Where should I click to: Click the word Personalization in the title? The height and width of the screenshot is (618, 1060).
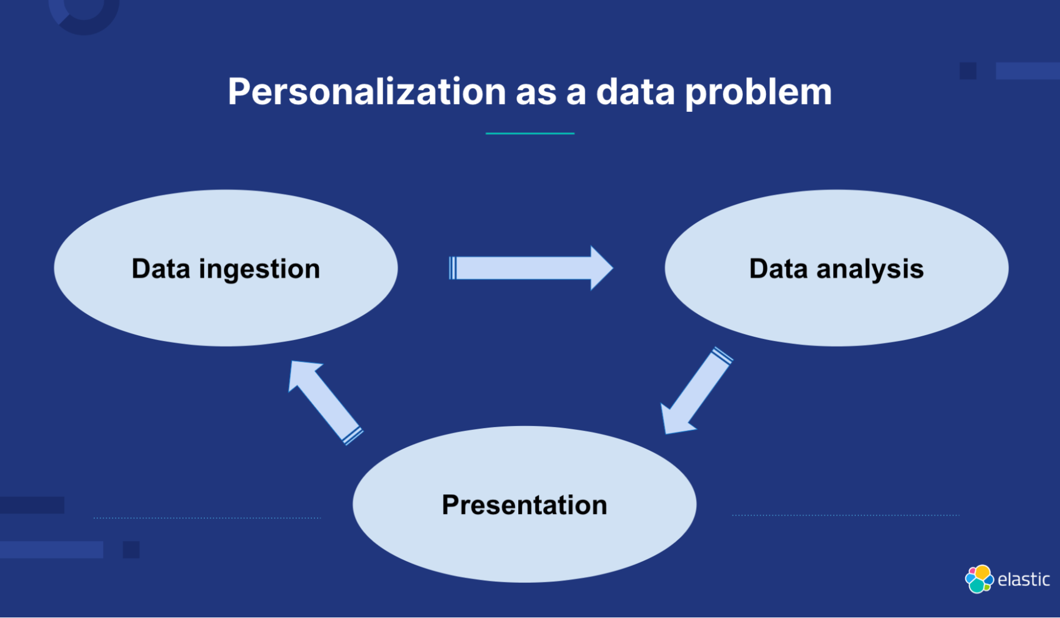367,91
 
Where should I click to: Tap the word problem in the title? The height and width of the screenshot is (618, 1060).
759,92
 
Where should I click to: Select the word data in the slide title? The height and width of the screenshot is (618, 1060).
635,91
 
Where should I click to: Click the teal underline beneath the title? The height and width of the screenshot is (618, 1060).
530,133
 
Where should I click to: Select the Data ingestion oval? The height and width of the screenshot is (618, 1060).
226,268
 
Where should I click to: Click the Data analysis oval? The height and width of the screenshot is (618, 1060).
836,268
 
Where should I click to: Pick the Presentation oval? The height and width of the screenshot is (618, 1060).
524,504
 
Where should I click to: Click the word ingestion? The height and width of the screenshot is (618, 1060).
259,270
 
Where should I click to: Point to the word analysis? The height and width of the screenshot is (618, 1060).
870,269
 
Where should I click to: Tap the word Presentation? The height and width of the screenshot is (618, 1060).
524,505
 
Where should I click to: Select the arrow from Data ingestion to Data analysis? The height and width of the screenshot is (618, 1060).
531,268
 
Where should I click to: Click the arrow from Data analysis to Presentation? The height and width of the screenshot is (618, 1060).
697,391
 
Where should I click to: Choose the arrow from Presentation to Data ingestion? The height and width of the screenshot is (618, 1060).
325,402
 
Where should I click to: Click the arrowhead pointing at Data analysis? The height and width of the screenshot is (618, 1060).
601,268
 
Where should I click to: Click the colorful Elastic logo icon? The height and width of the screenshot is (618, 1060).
979,579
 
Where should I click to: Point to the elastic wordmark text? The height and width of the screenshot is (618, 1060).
1024,579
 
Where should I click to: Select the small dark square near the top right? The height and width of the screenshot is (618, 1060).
968,71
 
